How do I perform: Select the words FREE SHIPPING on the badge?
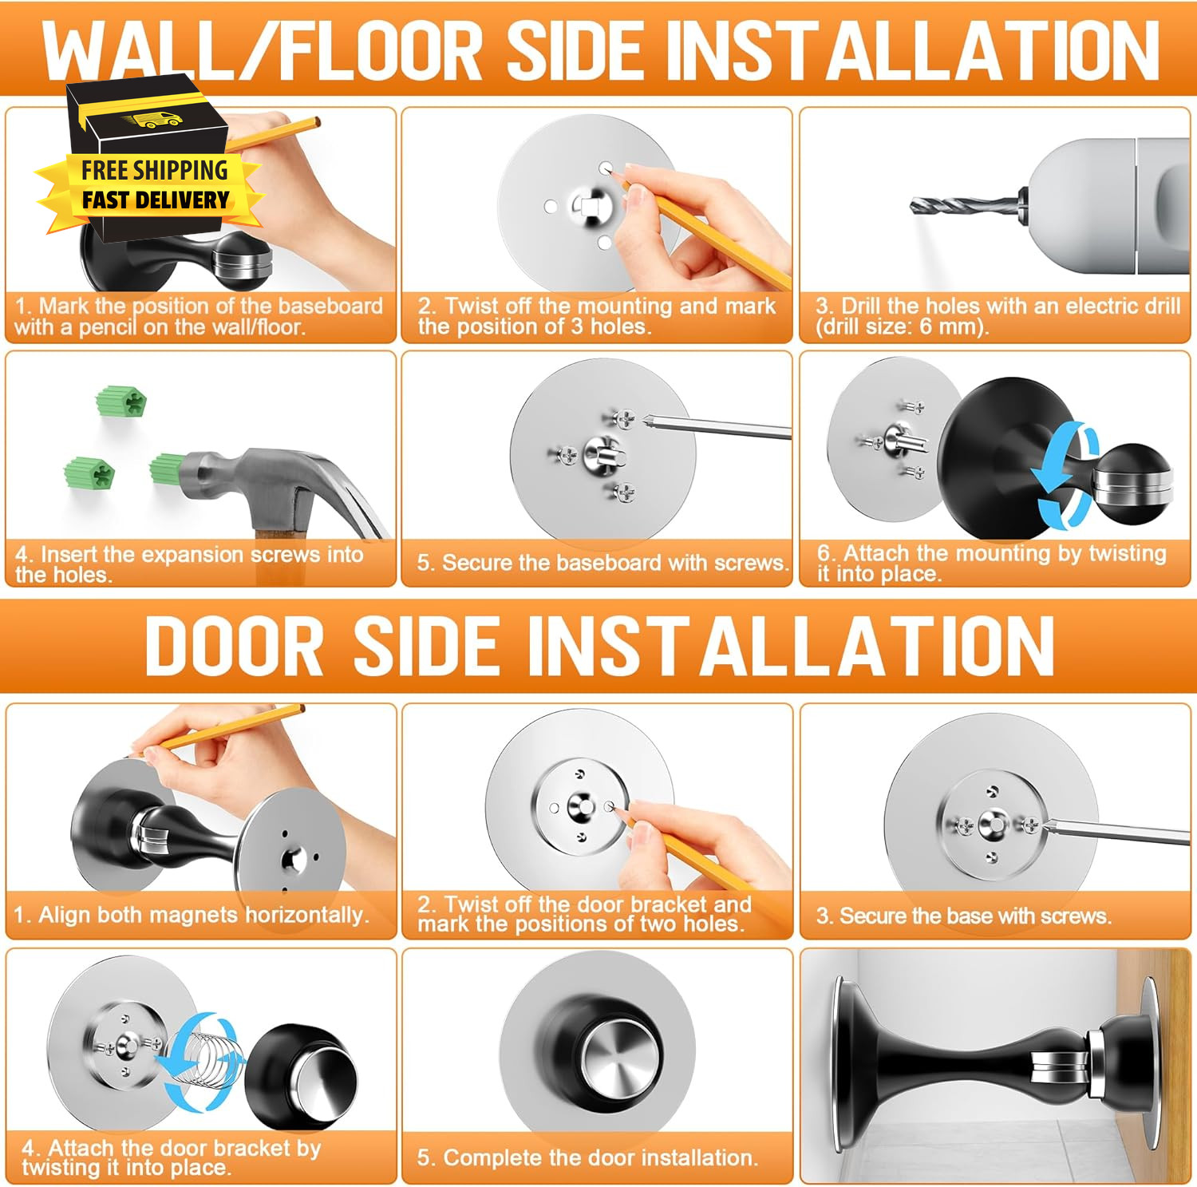[x=155, y=170]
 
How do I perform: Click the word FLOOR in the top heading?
[x=381, y=50]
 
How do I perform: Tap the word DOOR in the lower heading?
[x=234, y=646]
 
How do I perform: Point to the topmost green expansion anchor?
[x=122, y=401]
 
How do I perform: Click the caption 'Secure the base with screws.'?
[x=974, y=916]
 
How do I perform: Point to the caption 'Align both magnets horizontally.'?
[x=203, y=915]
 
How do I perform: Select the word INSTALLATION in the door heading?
[x=703, y=646]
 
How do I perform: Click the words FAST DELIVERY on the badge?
[x=156, y=200]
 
